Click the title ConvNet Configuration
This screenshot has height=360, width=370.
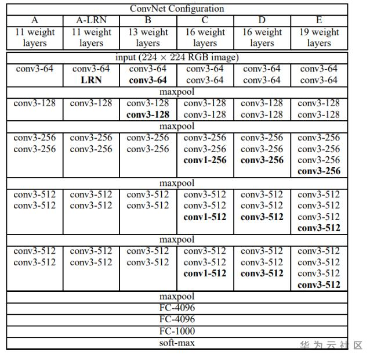177,9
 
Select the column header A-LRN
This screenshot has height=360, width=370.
91,20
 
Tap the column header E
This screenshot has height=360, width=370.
318,20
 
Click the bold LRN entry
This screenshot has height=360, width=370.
91,80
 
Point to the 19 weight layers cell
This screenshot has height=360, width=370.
318,37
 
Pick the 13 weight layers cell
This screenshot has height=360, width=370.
148,37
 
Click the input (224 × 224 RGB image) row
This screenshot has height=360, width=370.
177,57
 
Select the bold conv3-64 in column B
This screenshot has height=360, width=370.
148,80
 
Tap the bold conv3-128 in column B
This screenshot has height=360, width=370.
148,114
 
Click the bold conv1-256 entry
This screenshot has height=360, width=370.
205,160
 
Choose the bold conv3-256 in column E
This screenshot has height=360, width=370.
318,171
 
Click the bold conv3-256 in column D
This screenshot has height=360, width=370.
262,160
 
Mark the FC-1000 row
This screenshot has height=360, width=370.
177,331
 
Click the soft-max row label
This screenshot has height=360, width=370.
177,343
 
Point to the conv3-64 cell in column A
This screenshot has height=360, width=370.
34,69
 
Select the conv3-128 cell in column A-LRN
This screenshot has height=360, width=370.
91,103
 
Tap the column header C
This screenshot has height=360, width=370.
205,20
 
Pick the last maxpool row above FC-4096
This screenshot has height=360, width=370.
177,297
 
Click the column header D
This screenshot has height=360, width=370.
262,20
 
